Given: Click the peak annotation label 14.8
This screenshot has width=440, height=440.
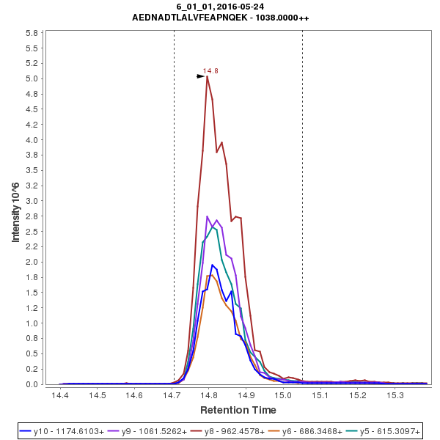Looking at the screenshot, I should coord(210,71).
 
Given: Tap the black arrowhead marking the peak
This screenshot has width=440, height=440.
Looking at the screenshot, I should coord(201,76).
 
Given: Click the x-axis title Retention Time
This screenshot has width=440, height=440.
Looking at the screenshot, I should coord(238,410).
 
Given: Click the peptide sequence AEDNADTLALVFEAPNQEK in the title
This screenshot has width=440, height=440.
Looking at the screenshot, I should coord(188,17).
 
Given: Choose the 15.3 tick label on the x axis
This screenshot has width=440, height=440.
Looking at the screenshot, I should coord(396,395).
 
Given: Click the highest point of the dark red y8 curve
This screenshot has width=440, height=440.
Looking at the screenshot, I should coord(208,76).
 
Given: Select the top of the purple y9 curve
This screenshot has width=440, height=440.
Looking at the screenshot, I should coord(208,216).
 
